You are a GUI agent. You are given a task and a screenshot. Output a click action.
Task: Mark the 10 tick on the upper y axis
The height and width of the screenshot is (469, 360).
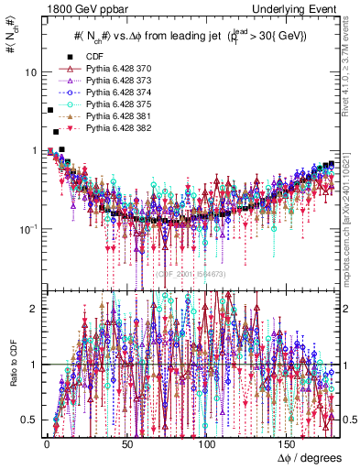31,72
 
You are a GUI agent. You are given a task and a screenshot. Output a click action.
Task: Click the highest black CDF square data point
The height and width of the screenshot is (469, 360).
50,110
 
